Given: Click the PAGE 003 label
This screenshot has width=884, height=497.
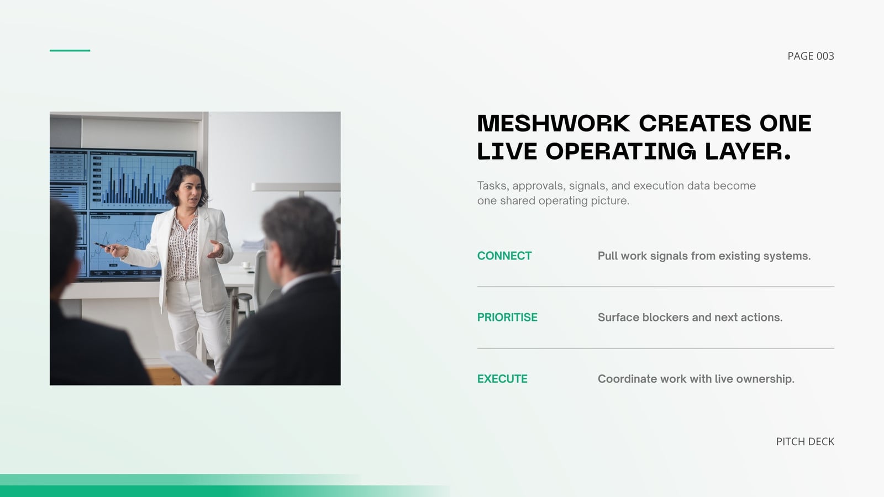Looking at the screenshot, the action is click(x=811, y=56).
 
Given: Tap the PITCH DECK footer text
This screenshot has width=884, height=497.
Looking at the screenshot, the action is click(x=805, y=441).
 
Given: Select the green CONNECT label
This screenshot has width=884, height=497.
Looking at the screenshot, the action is click(x=504, y=256).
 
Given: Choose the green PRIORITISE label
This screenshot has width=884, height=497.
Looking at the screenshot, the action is click(x=507, y=317).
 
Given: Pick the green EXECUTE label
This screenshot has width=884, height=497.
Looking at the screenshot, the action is click(x=502, y=379).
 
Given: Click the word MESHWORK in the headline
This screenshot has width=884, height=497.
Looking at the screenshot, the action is click(x=553, y=123).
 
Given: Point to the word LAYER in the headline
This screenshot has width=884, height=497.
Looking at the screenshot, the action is click(x=748, y=151).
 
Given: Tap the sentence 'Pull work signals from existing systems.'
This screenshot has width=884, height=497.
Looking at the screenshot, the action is click(x=704, y=256).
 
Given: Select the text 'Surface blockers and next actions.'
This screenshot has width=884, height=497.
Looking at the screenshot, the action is click(x=690, y=317).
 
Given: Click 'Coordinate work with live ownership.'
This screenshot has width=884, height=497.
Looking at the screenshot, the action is click(x=696, y=379).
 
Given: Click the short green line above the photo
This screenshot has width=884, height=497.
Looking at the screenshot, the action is click(x=70, y=50).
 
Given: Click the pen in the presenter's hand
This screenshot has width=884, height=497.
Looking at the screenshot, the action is click(x=101, y=245).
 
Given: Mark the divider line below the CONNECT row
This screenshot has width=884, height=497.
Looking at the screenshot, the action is click(x=655, y=287).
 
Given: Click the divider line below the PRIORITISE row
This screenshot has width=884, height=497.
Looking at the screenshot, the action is click(x=655, y=348).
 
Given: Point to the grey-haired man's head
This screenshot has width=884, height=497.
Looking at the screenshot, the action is click(x=298, y=237).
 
